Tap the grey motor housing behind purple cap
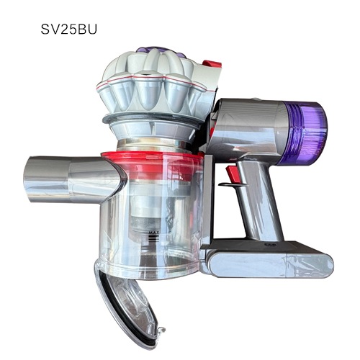(252, 130)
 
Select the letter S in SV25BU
(47, 32)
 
